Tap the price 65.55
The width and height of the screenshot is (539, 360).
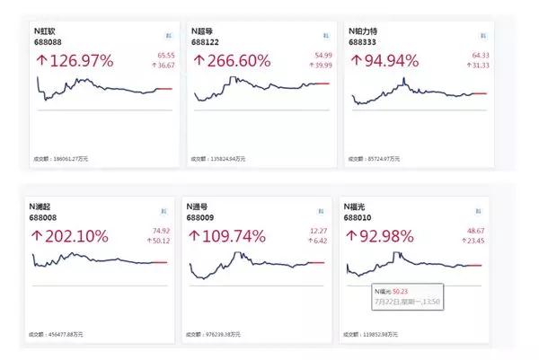click(165, 56)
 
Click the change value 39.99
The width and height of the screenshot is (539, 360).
click(321, 66)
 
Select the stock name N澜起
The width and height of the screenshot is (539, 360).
click(45, 207)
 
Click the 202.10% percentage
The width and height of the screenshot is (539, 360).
click(71, 237)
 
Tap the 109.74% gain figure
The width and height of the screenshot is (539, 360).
click(231, 237)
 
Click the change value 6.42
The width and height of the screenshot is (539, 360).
click(322, 241)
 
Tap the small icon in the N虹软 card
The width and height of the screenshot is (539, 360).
click(168, 34)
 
